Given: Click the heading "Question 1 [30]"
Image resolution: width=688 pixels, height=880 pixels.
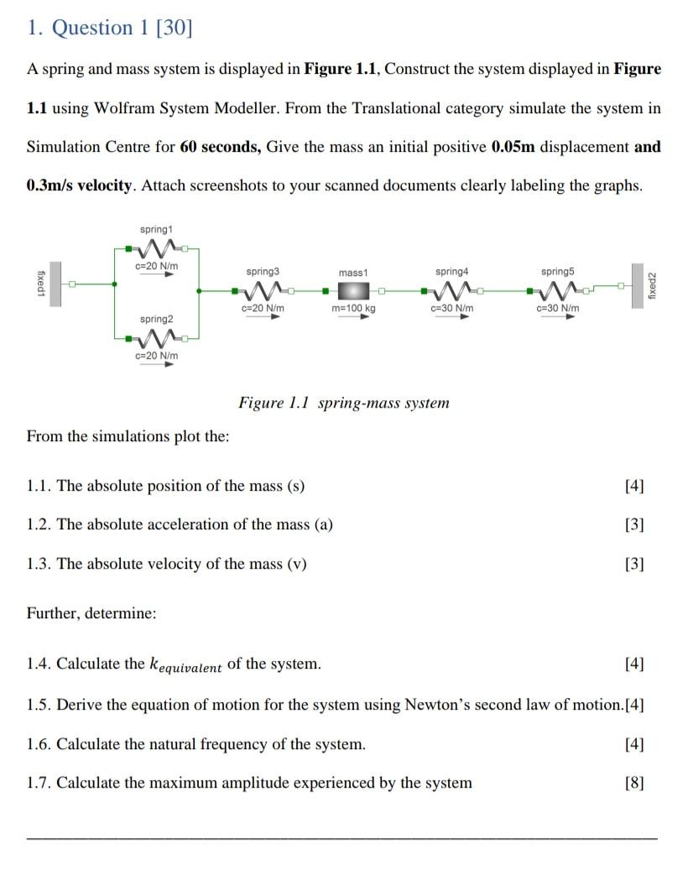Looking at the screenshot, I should (110, 28).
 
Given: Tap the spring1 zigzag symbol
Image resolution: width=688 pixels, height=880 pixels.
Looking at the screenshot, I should (156, 247).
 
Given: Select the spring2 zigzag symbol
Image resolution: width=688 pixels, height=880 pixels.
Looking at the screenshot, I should (156, 338).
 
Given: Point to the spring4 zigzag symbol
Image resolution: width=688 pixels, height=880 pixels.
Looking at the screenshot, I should (451, 291).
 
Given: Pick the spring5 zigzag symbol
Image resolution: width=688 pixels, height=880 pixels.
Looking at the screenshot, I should (557, 291).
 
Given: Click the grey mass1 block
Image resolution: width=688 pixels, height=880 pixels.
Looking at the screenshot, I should (353, 291).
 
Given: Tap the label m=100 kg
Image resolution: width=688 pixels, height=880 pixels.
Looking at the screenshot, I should (353, 309).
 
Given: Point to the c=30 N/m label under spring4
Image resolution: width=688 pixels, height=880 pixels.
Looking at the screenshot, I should (451, 309).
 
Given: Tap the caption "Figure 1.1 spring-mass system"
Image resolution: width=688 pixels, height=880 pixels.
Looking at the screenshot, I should (344, 403).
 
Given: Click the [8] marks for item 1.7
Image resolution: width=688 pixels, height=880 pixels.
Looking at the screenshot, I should (634, 784).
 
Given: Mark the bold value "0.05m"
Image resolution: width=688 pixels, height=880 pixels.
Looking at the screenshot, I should (513, 147).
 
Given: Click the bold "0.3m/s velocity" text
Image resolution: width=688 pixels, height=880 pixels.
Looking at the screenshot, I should (81, 185).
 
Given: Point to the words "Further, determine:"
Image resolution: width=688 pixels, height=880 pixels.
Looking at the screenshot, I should (91, 613).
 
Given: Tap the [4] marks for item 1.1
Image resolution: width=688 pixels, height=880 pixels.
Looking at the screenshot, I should (634, 486).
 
